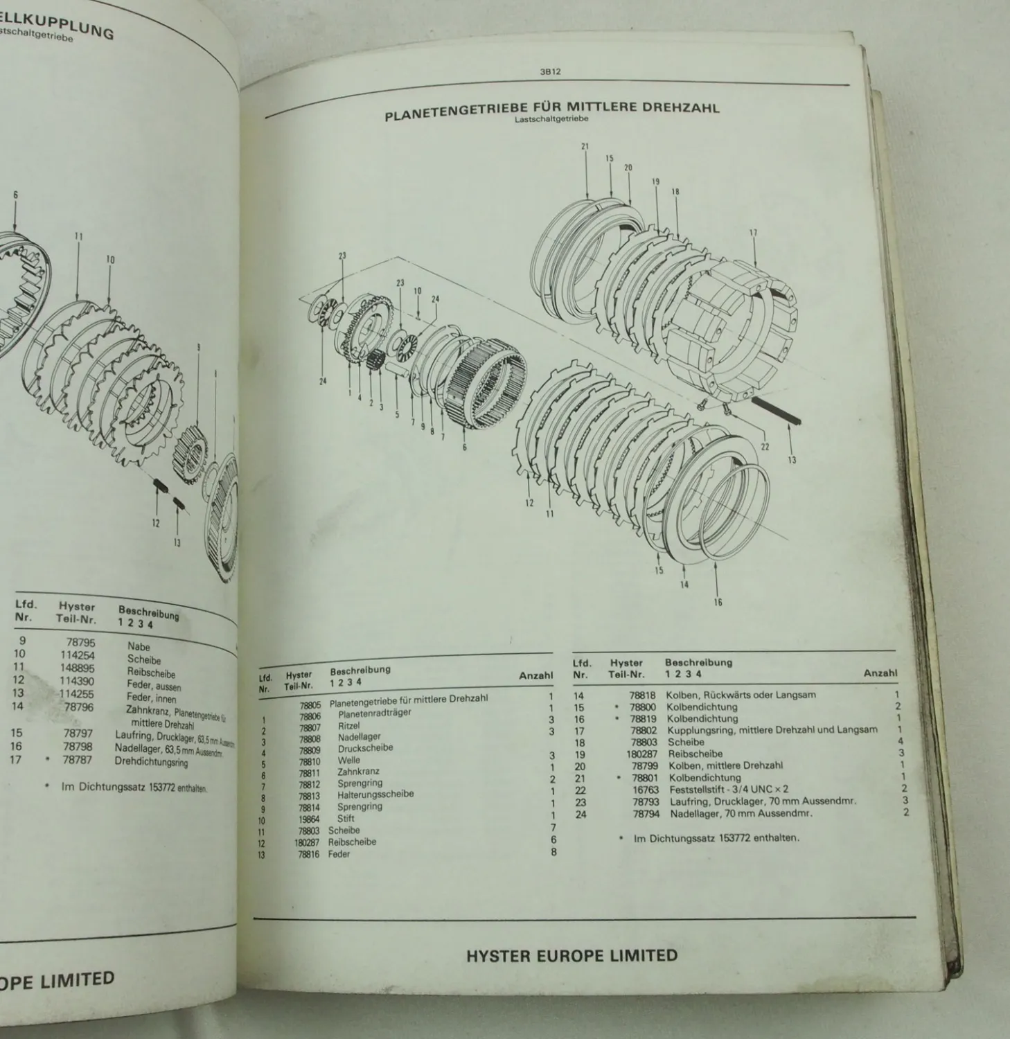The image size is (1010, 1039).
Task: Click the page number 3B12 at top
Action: coord(549,71)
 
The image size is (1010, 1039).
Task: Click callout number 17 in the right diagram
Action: coord(753,233)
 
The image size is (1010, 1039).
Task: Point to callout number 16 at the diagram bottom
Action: coord(718,602)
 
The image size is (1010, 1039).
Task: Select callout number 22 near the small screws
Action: coord(765,447)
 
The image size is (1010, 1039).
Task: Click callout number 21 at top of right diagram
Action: coord(585,146)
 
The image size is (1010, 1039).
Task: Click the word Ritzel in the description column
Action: coord(349,725)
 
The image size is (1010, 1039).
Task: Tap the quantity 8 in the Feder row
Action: coord(553,851)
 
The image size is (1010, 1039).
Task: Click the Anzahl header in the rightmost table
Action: coord(880,673)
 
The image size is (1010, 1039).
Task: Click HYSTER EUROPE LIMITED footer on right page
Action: coord(572,957)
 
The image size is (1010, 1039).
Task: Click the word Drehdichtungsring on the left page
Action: coord(150,761)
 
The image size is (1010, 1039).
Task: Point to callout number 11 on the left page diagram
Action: coord(78,236)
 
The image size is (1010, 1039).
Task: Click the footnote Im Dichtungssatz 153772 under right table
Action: coord(716,837)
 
